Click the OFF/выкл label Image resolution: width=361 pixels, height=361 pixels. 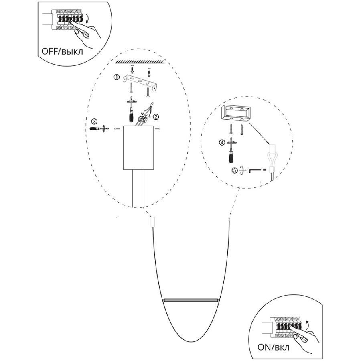click(62, 51)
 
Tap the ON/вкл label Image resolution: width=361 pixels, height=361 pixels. click(273, 347)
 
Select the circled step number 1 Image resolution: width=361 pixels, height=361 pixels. click(117, 77)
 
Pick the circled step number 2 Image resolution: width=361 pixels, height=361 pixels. click(156, 116)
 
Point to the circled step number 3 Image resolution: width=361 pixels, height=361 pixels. click(94, 121)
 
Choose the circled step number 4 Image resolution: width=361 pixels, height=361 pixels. click(222, 142)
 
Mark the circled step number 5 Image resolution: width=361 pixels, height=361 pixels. click(234, 170)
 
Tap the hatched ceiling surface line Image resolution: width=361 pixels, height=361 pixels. click(139, 61)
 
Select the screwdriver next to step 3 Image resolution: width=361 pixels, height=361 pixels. click(99, 128)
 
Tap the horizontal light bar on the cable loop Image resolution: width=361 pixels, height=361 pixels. click(191, 300)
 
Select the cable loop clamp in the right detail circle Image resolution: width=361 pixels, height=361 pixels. click(272, 159)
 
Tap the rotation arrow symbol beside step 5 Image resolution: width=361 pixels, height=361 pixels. click(242, 170)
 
